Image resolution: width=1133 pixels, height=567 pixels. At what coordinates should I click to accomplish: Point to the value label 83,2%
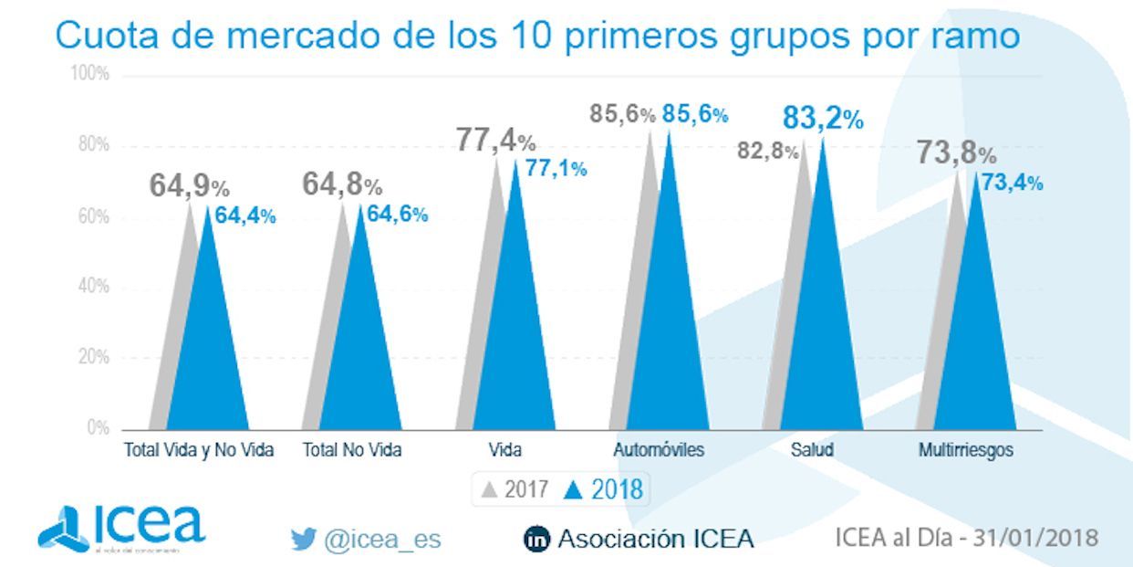pyautogui.click(x=822, y=119)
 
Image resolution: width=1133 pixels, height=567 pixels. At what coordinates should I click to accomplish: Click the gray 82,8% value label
pyautogui.click(x=767, y=152)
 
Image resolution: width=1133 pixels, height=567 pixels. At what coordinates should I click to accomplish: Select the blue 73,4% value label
pyautogui.click(x=1012, y=184)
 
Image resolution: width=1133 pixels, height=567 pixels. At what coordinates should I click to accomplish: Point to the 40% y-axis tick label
pyautogui.click(x=91, y=287)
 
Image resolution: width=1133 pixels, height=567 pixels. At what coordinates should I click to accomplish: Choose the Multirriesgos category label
pyautogui.click(x=966, y=450)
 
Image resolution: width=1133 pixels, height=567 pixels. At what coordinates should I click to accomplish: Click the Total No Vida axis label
pyautogui.click(x=352, y=450)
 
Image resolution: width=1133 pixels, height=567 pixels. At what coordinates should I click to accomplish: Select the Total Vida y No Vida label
pyautogui.click(x=199, y=450)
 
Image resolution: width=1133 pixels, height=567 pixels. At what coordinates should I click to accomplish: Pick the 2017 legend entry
pyautogui.click(x=515, y=490)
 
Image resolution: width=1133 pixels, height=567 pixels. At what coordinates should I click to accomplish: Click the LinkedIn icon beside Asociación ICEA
pyautogui.click(x=537, y=540)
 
